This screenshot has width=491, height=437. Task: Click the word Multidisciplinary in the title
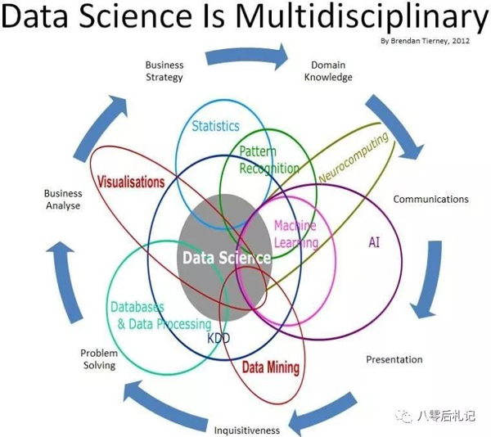coord(363,17)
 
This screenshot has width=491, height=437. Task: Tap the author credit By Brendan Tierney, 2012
coord(426,41)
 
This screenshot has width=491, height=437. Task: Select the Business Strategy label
coord(164,71)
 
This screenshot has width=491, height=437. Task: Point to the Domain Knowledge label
coord(328,71)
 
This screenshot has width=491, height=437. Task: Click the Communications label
coord(431,200)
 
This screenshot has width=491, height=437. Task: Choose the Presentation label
coord(394,359)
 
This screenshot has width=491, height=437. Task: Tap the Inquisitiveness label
coord(247,430)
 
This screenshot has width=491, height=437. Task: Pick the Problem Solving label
coord(99,359)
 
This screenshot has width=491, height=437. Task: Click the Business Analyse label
coord(63,200)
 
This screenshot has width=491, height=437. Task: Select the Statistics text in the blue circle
coord(215,126)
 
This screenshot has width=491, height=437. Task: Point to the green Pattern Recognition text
coord(269,160)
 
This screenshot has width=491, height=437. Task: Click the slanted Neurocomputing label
coord(354,157)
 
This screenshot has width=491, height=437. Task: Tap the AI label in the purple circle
coord(374,242)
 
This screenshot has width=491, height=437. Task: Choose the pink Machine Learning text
coord(296,234)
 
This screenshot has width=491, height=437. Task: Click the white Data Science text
coord(227,258)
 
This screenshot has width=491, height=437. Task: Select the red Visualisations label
coord(131,182)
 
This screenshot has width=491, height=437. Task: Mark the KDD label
coord(218,338)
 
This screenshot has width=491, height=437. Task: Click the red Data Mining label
coord(271,367)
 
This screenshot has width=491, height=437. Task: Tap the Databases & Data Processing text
coord(161,316)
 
